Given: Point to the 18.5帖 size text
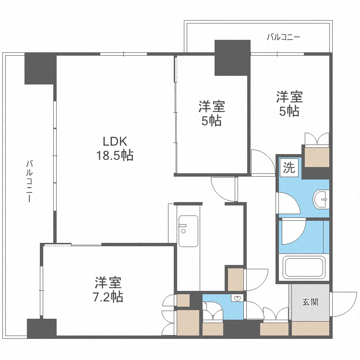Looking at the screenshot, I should pyautogui.click(x=114, y=156).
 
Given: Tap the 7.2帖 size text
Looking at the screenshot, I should pyautogui.click(x=108, y=297).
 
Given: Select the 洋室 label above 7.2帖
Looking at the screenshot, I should pyautogui.click(x=108, y=282).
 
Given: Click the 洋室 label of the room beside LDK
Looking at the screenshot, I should pyautogui.click(x=212, y=106).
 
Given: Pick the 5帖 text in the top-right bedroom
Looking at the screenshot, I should pyautogui.click(x=289, y=111).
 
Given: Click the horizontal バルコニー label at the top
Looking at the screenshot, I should pyautogui.click(x=283, y=37).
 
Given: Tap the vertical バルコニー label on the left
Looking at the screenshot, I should pyautogui.click(x=29, y=182).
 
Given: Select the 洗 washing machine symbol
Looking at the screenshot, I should pyautogui.click(x=289, y=168).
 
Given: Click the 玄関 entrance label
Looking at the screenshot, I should pyautogui.click(x=310, y=302).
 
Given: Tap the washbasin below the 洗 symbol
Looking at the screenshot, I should pyautogui.click(x=321, y=197).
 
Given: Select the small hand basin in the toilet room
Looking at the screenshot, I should pyautogui.click(x=236, y=299).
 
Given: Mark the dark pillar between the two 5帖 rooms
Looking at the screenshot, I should pyautogui.click(x=232, y=58).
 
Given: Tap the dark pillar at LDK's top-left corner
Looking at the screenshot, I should pyautogui.click(x=40, y=68).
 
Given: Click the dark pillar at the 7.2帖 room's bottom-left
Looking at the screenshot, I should pyautogui.click(x=41, y=328).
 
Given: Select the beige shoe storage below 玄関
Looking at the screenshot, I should pyautogui.click(x=310, y=328).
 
